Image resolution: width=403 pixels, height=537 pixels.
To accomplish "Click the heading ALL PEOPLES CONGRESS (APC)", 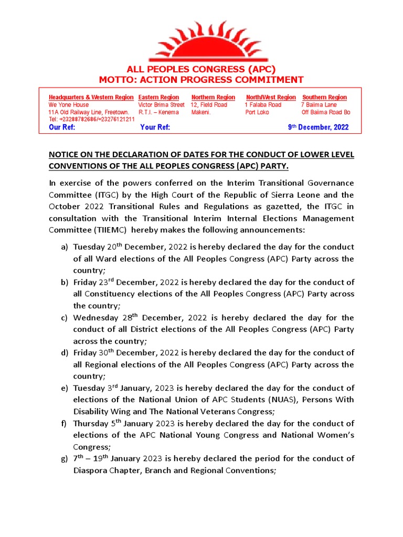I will point(201,70).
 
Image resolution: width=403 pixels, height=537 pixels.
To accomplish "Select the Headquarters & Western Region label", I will point(91,98).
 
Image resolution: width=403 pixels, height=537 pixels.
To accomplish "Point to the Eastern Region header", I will point(158,98).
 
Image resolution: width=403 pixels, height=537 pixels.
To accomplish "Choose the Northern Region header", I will point(213,98).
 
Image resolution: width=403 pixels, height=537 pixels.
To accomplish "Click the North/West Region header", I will point(271,98).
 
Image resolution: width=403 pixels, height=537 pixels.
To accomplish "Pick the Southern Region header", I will point(324,98).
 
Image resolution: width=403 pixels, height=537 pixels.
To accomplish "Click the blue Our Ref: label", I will point(62,127).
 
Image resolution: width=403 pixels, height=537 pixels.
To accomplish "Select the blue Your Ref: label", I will point(155,127).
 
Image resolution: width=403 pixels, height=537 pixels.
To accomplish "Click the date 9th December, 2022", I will point(318,127).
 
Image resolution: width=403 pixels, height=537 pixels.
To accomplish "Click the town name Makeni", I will point(201,112).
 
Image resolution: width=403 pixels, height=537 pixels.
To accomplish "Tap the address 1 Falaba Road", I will point(263,105).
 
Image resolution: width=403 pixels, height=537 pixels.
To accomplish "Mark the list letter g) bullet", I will point(64,459).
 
